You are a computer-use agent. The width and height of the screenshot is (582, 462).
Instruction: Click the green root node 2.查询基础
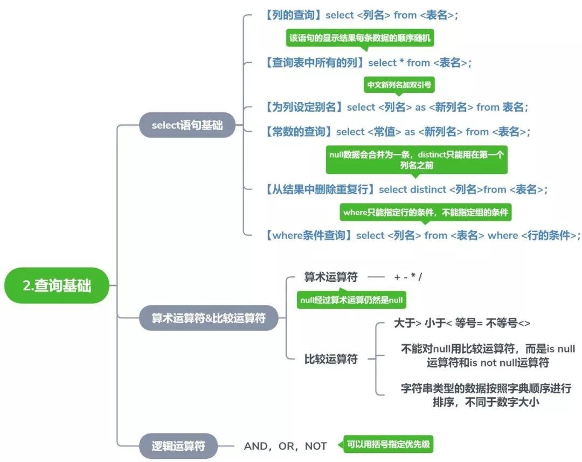(x=57, y=286)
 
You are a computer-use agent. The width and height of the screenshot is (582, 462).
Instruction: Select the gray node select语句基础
(x=187, y=125)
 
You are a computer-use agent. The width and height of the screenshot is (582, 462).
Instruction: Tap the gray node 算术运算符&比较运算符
(x=209, y=318)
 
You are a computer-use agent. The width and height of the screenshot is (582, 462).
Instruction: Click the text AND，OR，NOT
(x=285, y=446)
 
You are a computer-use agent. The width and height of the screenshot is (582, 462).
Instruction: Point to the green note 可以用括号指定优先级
(x=389, y=445)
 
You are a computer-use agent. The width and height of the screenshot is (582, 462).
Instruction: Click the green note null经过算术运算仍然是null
(x=351, y=300)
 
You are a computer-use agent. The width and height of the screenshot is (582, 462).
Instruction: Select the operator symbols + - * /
(x=408, y=277)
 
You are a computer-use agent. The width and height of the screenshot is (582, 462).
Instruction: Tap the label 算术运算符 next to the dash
(x=330, y=277)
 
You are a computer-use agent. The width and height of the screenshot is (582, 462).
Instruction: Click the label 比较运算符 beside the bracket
(x=330, y=359)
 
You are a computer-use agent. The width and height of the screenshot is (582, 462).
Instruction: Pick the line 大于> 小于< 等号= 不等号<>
(x=462, y=323)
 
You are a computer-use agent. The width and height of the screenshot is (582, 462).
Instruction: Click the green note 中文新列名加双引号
(x=399, y=85)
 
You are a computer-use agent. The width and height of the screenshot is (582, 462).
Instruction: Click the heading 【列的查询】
(x=293, y=15)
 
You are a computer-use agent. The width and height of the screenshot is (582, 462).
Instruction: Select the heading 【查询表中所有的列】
(x=315, y=63)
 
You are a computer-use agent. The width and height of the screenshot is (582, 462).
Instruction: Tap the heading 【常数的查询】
(x=299, y=132)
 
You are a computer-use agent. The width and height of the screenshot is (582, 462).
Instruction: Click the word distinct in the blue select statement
(x=428, y=189)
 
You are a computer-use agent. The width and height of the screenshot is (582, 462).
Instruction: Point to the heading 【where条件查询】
(x=309, y=235)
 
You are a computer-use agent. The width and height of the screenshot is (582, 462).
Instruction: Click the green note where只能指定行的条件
(x=426, y=212)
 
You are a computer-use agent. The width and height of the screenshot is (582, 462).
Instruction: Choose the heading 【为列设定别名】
(x=304, y=107)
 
